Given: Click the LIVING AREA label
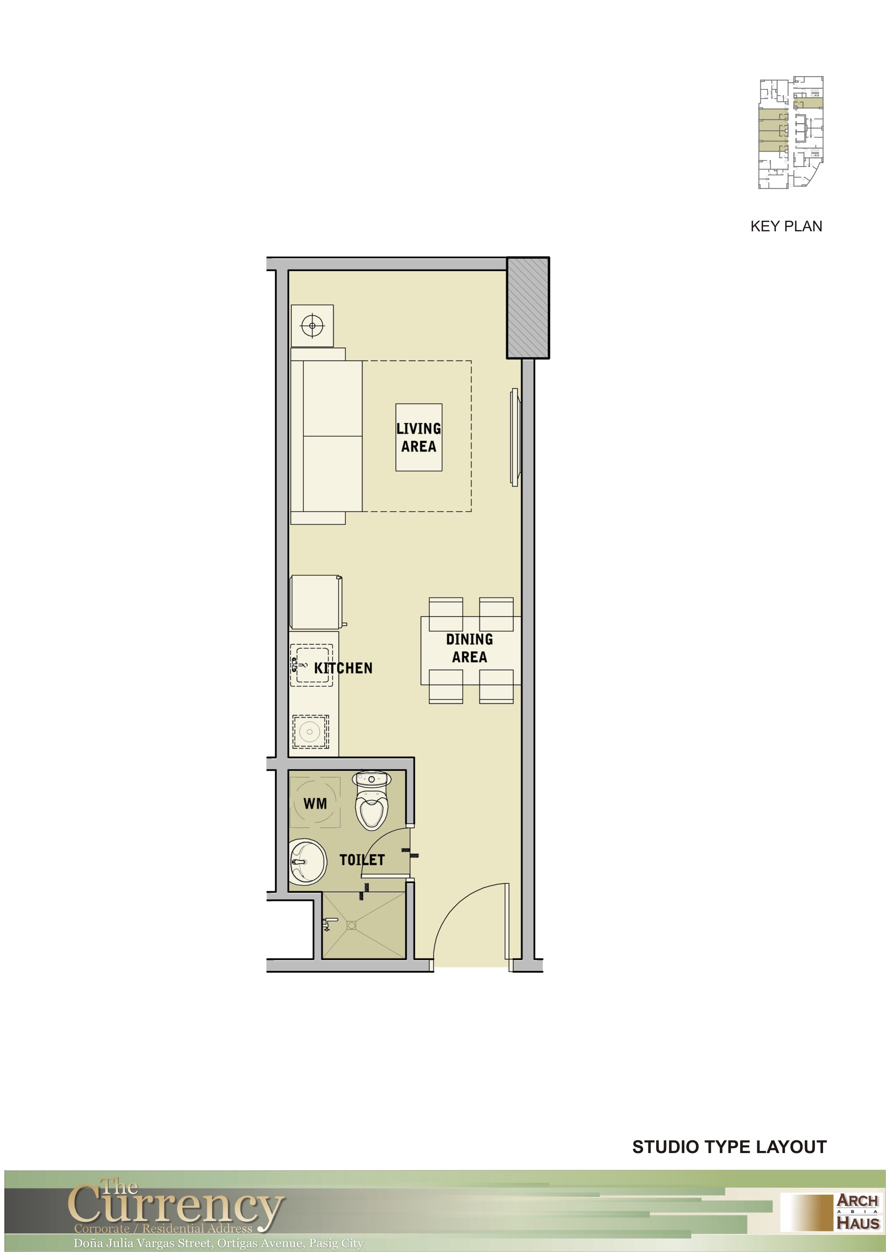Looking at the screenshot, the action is click(x=418, y=437).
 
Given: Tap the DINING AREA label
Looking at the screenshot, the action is click(x=469, y=648).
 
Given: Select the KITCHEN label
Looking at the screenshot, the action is click(x=343, y=668).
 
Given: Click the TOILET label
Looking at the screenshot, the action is click(x=362, y=860).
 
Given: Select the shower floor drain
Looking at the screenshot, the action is click(x=351, y=925).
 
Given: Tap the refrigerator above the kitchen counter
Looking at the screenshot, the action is click(x=317, y=602).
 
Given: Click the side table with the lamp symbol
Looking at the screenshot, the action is click(x=312, y=326).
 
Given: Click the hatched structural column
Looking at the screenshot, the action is click(x=528, y=308).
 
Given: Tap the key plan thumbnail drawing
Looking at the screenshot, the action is click(x=791, y=132).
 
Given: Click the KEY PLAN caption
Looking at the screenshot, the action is click(x=786, y=226).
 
